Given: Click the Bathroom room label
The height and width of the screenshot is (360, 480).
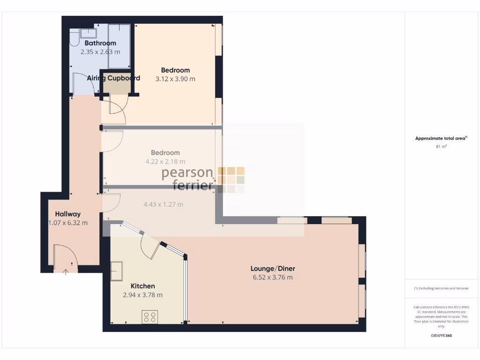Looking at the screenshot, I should pos(100,43).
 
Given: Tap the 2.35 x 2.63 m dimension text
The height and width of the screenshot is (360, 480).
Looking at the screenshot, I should pos(100,52).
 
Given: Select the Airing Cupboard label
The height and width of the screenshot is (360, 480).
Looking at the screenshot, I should pos(113,78).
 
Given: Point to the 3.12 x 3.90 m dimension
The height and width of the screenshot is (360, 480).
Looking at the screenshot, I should pos(175,79).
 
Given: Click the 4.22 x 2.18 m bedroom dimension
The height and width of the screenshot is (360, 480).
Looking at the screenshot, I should pos(165,162).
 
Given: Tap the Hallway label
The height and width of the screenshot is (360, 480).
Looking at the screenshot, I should pos(67,214).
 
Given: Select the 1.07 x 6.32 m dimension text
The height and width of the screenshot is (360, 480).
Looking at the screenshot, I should pos(67,223).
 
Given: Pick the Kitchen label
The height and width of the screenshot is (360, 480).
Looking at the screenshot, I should pos(142,286).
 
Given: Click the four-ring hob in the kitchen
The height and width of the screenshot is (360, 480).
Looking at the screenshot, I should pos(150,317).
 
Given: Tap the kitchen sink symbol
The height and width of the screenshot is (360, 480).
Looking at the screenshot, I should pos(116,271).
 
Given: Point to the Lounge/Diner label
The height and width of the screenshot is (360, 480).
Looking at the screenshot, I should pos(272,269).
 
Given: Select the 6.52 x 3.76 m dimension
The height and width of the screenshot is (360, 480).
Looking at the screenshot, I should pos(272,277).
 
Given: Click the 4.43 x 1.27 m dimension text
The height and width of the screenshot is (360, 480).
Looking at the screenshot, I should pos(163,204).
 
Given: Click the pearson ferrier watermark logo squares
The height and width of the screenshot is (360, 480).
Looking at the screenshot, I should pos(231,180).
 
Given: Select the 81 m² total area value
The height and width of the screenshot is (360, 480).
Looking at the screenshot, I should pos(441,147).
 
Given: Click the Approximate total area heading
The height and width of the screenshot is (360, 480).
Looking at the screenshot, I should pos(441,138).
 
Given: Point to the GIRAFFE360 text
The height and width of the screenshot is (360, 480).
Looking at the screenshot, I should pos(441,336).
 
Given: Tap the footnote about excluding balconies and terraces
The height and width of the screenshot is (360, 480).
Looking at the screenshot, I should pos(441,289).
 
